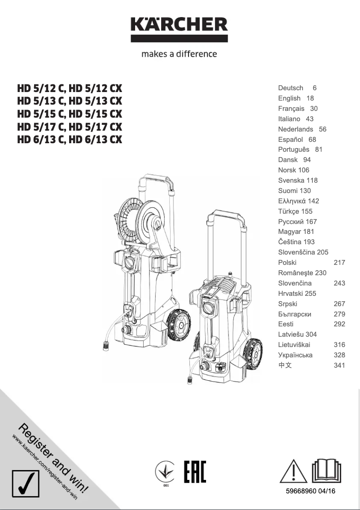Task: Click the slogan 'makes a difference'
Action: coord(179,54)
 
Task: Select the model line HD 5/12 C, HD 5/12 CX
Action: coord(70,88)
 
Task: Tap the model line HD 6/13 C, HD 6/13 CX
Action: coord(70,139)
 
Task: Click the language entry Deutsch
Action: coord(290,88)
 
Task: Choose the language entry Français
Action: coord(291,109)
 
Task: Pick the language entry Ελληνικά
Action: coord(292,201)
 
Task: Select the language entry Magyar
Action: coord(290,232)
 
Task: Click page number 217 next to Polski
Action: coord(339,263)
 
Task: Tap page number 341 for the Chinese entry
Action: coord(339,365)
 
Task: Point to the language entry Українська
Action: coord(295,355)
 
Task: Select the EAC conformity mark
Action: coord(195,471)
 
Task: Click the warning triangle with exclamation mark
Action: coord(293,471)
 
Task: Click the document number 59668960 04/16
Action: coord(310,492)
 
